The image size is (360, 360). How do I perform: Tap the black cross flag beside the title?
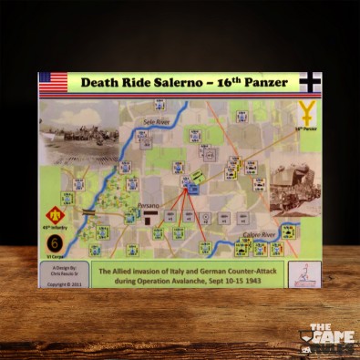[309, 83]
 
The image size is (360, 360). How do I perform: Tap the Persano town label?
[149, 208]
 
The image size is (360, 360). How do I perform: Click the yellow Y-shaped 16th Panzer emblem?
[308, 114]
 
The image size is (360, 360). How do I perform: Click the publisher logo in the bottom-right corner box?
[303, 273]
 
